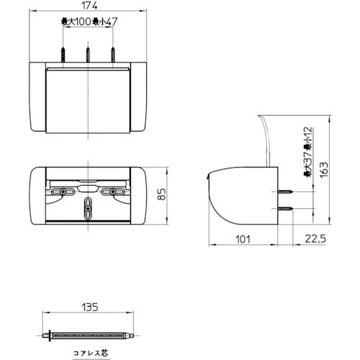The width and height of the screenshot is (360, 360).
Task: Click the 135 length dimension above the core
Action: pos(89,307)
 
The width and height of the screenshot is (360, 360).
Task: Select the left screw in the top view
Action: pos(64,55)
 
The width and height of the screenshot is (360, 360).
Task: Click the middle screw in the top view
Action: pos(88,55)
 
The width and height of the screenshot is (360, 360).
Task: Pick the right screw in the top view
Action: pos(112,55)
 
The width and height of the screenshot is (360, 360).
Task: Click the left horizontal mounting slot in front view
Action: pos(63,191)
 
